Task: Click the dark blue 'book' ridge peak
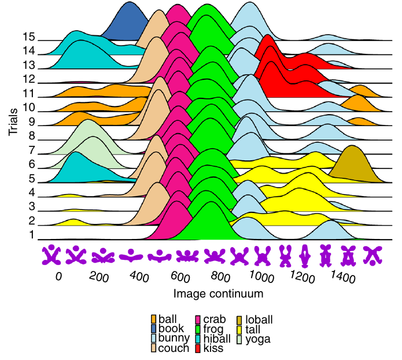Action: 129,17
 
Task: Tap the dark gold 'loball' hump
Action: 351,162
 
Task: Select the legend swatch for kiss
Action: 198,348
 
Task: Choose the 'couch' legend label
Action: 174,348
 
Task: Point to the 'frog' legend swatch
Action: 198,329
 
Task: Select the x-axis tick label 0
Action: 58,277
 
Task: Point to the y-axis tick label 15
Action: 29,36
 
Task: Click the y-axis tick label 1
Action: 32,235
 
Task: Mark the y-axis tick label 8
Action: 32,136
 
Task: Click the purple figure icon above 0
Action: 53,254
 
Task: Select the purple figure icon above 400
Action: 132,254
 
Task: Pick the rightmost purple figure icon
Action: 373,254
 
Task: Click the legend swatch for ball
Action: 153,319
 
